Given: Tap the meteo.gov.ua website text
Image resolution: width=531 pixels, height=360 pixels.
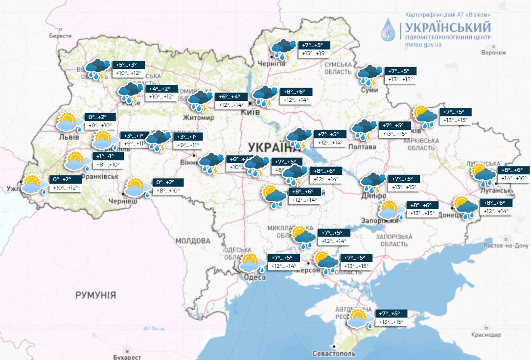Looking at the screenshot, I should pyautogui.click(x=424, y=44).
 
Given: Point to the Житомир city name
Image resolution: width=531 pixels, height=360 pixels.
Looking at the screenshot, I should pyautogui.click(x=199, y=118).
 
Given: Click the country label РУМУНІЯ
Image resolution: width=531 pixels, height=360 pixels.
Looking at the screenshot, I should pyautogui.click(x=95, y=295).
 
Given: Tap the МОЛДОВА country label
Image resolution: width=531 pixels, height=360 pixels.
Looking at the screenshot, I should pyautogui.click(x=192, y=241).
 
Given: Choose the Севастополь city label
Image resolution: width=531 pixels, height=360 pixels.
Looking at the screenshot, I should pyautogui.click(x=333, y=353).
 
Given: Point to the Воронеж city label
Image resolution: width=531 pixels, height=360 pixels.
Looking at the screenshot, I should pyautogui.click(x=493, y=52).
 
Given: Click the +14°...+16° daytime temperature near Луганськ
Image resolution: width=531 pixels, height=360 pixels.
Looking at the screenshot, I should pyautogui.click(x=513, y=178).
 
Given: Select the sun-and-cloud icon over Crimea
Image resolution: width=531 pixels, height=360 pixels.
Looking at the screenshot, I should pyautogui.click(x=360, y=318).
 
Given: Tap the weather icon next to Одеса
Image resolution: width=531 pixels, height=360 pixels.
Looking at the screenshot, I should pyautogui.click(x=252, y=263).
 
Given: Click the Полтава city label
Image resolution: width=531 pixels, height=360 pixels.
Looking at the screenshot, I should pyautogui.click(x=362, y=147).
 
